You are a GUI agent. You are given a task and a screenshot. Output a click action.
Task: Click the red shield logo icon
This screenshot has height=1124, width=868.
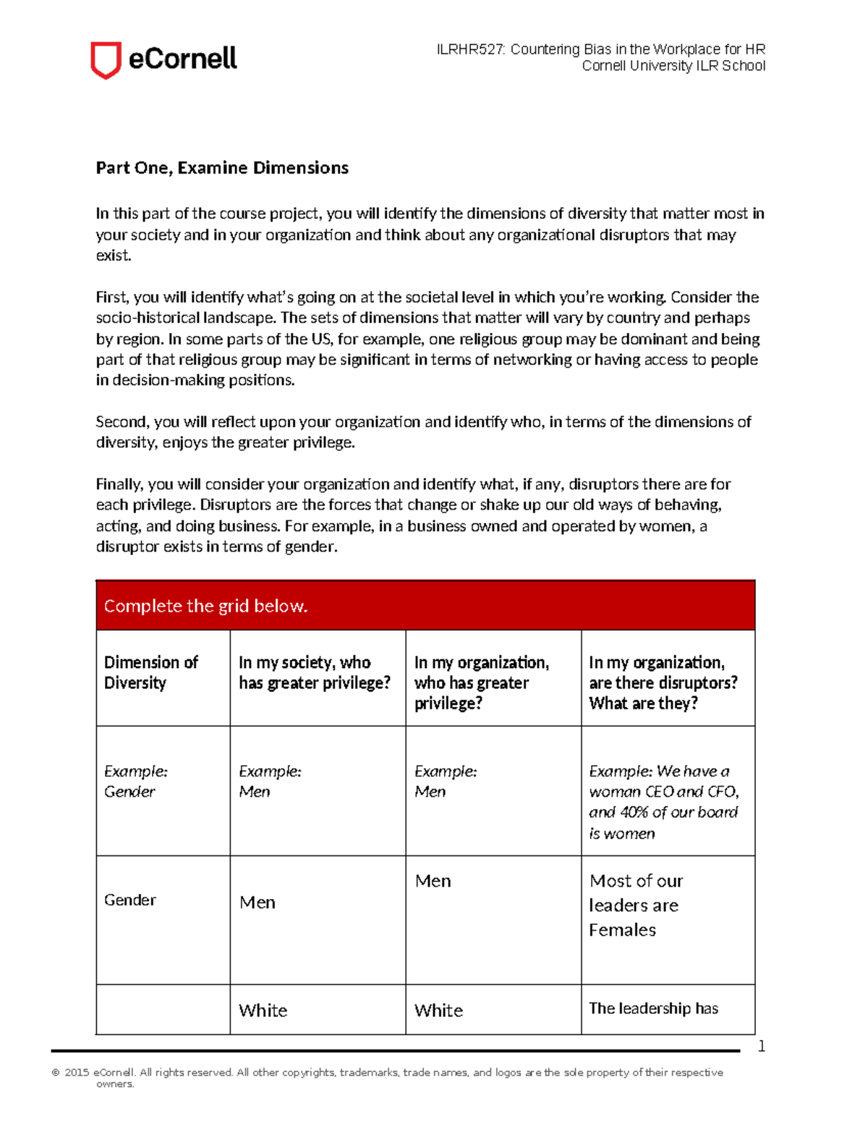point(105,59)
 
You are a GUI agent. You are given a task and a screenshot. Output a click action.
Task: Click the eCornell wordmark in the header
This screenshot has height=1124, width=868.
point(182,59)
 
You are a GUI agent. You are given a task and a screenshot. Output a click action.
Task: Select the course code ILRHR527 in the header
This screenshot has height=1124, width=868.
point(470,49)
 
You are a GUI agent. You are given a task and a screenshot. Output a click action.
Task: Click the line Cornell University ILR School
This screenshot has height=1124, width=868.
point(673,66)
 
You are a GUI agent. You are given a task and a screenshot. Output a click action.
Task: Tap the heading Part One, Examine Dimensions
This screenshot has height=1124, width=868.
point(222,168)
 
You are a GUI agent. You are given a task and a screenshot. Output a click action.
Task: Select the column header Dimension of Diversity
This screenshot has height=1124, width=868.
point(150,672)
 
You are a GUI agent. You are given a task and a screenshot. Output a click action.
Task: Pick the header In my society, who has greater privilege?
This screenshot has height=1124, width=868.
point(315,672)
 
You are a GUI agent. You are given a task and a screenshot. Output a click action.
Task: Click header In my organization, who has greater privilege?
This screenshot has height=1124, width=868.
point(482,683)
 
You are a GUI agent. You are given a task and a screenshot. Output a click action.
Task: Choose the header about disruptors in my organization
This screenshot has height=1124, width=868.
point(663,683)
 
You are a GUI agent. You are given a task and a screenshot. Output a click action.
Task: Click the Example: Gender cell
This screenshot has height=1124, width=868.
point(135,782)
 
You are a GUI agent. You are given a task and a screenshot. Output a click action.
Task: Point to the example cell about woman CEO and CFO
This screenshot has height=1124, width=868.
point(663,802)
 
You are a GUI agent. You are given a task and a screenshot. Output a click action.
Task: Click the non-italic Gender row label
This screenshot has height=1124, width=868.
point(130,900)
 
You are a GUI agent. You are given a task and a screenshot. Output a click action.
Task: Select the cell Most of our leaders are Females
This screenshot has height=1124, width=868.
point(636,905)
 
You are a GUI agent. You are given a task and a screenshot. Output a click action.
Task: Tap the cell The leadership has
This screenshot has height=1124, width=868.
point(653,1008)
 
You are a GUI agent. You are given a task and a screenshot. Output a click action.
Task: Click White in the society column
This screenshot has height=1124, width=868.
point(263,1010)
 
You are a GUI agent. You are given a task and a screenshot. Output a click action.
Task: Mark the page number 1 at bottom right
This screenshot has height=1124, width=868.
point(761,1046)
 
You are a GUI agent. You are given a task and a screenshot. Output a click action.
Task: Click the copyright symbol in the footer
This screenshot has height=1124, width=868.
point(56,1073)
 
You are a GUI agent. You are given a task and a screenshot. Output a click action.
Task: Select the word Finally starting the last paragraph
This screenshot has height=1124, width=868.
point(119,484)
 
